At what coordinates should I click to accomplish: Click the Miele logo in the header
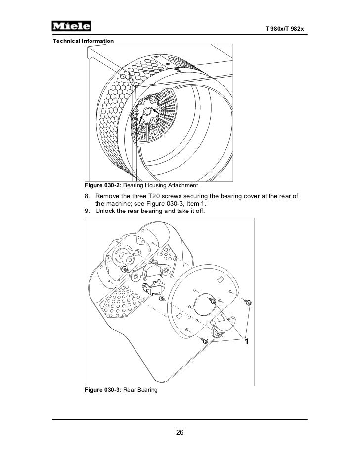point(73,26)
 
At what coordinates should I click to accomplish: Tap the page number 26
point(180,433)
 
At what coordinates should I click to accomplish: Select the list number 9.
point(87,212)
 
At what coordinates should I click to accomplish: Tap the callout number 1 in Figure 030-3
point(246,342)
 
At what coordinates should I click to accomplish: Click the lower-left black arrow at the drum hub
point(140,119)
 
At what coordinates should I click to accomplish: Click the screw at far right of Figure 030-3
point(248,302)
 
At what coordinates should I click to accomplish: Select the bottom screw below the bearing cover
point(204,340)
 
